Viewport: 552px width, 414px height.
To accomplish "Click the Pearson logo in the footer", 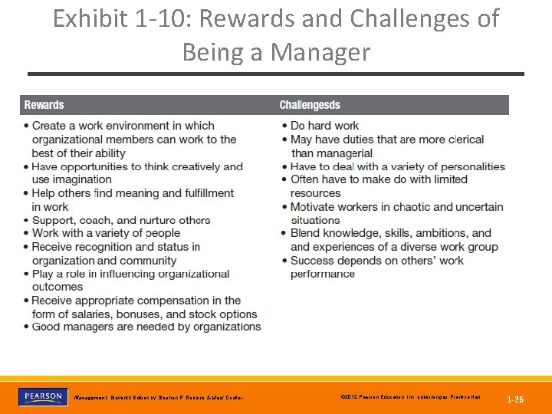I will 43,396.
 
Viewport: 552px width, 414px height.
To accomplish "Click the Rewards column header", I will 44,105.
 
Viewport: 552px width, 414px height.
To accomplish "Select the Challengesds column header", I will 309,105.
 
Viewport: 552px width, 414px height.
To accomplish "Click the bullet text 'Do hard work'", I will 324,126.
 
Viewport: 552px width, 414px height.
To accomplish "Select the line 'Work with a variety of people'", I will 106,233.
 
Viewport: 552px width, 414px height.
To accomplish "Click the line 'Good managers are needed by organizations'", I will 146,327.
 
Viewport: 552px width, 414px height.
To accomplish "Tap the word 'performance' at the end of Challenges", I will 322,274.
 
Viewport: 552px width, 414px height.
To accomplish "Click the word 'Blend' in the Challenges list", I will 305,233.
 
